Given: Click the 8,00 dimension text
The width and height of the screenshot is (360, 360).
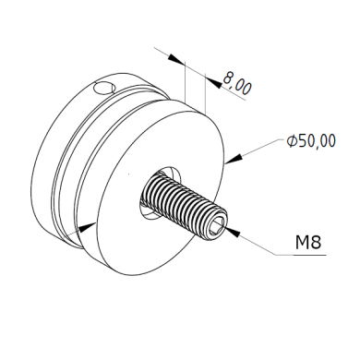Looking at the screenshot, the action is pyautogui.click(x=237, y=83).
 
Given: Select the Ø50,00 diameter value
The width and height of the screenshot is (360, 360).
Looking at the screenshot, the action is pyautogui.click(x=311, y=141).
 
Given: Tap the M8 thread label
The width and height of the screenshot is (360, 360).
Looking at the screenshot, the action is pyautogui.click(x=308, y=242).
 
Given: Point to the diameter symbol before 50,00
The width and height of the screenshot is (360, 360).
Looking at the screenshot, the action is pyautogui.click(x=292, y=141).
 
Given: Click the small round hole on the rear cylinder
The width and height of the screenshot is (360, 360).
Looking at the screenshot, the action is pyautogui.click(x=104, y=88).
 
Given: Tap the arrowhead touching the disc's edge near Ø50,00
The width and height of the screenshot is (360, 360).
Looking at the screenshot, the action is pyautogui.click(x=234, y=159).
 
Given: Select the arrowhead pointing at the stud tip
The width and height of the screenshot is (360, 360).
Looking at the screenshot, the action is pyautogui.click(x=233, y=232).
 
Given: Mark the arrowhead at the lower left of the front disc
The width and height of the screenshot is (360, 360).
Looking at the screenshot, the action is pyautogui.click(x=87, y=227).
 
